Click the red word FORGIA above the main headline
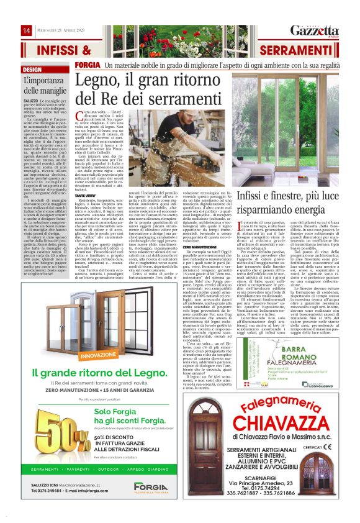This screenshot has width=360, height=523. (86, 65)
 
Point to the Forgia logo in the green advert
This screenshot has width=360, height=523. (151, 486)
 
